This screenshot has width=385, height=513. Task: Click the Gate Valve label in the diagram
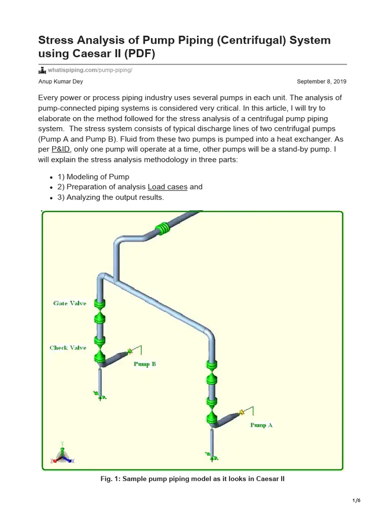coord(70,303)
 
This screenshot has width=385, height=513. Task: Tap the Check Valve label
coord(68,348)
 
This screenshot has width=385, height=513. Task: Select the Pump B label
coord(144,364)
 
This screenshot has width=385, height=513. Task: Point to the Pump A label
coord(261,425)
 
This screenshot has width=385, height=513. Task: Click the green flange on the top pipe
coord(163,229)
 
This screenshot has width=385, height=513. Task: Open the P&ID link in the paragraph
coord(61,149)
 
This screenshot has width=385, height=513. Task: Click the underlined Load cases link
coord(167,187)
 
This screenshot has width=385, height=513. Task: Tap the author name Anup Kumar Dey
coord(60,82)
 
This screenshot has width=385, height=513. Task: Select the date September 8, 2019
coord(321,82)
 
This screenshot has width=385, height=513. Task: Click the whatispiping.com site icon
coord(42,70)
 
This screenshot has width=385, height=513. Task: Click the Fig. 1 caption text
coord(192,479)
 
